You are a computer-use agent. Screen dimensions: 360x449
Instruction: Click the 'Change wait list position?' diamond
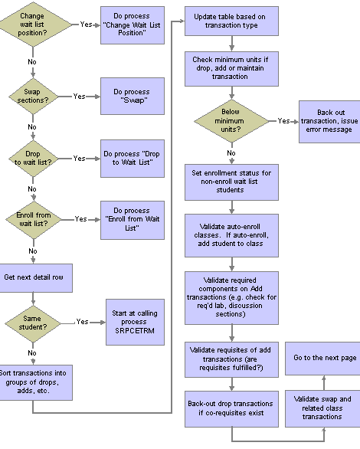(x=33, y=25)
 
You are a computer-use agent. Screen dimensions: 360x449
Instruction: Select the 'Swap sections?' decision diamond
(x=33, y=97)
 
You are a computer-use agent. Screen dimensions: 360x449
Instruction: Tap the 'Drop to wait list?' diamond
(x=33, y=159)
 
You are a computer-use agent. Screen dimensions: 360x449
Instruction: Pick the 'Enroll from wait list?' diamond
(x=34, y=220)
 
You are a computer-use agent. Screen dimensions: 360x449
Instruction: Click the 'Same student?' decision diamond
(x=33, y=323)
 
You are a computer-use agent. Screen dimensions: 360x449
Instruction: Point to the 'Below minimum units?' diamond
(x=231, y=121)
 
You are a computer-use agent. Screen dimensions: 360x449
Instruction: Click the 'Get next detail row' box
(x=35, y=278)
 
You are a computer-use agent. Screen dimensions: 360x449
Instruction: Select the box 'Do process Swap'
(x=133, y=96)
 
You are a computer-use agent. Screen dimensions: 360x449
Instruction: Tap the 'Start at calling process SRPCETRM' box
(x=135, y=322)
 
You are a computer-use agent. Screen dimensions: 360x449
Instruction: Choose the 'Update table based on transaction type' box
(x=231, y=21)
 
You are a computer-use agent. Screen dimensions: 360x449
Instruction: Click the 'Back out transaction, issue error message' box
(x=329, y=121)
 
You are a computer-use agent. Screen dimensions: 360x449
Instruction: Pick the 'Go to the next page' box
(x=322, y=359)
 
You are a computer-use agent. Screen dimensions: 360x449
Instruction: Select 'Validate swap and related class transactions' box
(x=322, y=408)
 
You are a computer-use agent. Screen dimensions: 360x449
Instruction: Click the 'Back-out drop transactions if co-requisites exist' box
(x=231, y=408)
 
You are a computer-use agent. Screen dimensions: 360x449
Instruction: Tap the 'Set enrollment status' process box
(x=231, y=182)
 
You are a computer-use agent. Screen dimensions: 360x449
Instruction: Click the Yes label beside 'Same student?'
(x=82, y=322)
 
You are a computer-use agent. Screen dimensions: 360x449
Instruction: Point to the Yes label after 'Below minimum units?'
(x=283, y=121)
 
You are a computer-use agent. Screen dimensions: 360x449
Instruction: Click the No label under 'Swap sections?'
(x=32, y=127)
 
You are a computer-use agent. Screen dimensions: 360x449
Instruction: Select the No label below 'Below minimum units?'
(x=231, y=153)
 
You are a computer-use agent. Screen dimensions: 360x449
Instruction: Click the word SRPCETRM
(x=135, y=331)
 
